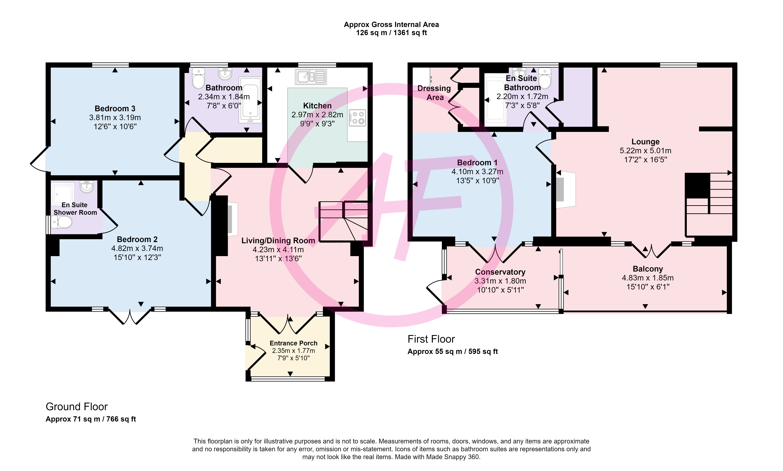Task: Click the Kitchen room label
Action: pos(317,106)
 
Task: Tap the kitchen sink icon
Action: pos(311,77)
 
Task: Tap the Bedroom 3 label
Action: pos(115,109)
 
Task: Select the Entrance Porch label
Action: pos(293,343)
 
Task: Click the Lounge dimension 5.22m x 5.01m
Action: pos(645,151)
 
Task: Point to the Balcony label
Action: pos(648,269)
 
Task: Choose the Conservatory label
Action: pos(500,272)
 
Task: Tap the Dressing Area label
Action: pos(434,93)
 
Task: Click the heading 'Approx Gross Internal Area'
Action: pos(391,24)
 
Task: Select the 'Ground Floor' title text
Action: pos(77,407)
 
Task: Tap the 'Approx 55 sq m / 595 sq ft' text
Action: pos(453,351)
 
